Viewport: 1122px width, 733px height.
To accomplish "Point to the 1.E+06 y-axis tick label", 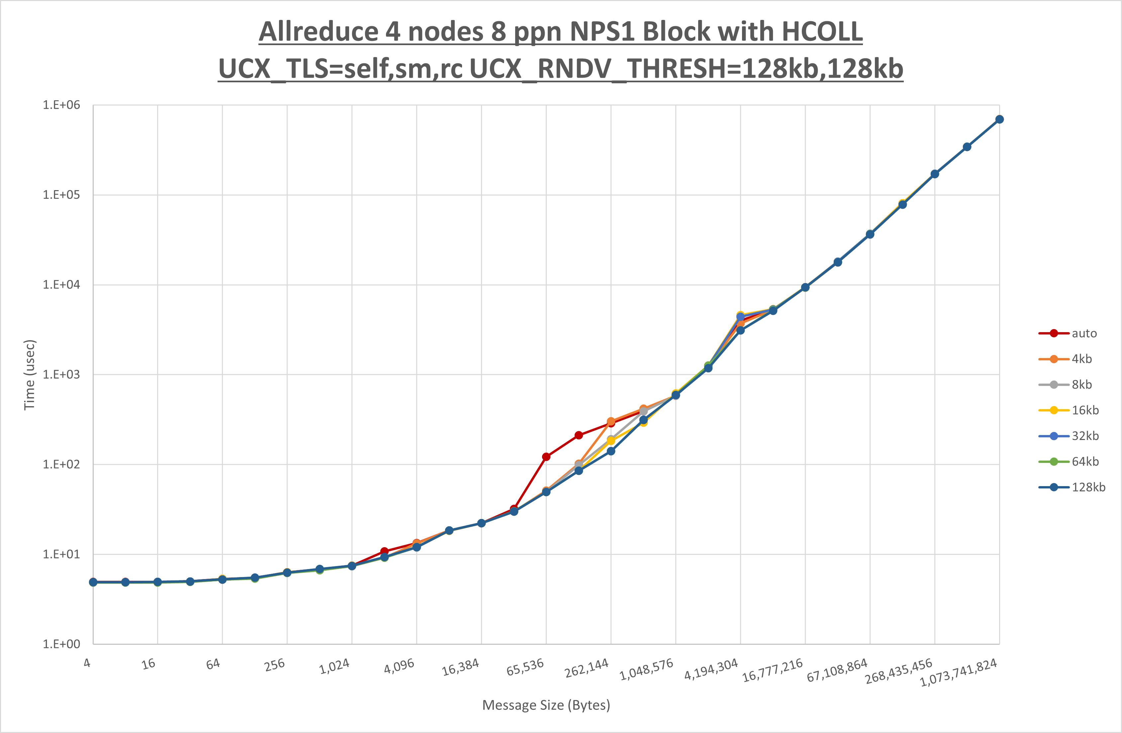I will click(x=61, y=105).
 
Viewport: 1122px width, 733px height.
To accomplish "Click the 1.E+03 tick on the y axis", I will click(x=61, y=375).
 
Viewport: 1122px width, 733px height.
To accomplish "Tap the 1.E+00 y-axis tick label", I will click(x=61, y=644).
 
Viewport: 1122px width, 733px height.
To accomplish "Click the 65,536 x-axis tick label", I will click(x=525, y=667).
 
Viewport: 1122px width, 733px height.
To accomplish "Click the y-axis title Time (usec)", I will click(x=29, y=375).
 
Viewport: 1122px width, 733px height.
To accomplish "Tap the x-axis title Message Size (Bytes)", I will click(x=546, y=705).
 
